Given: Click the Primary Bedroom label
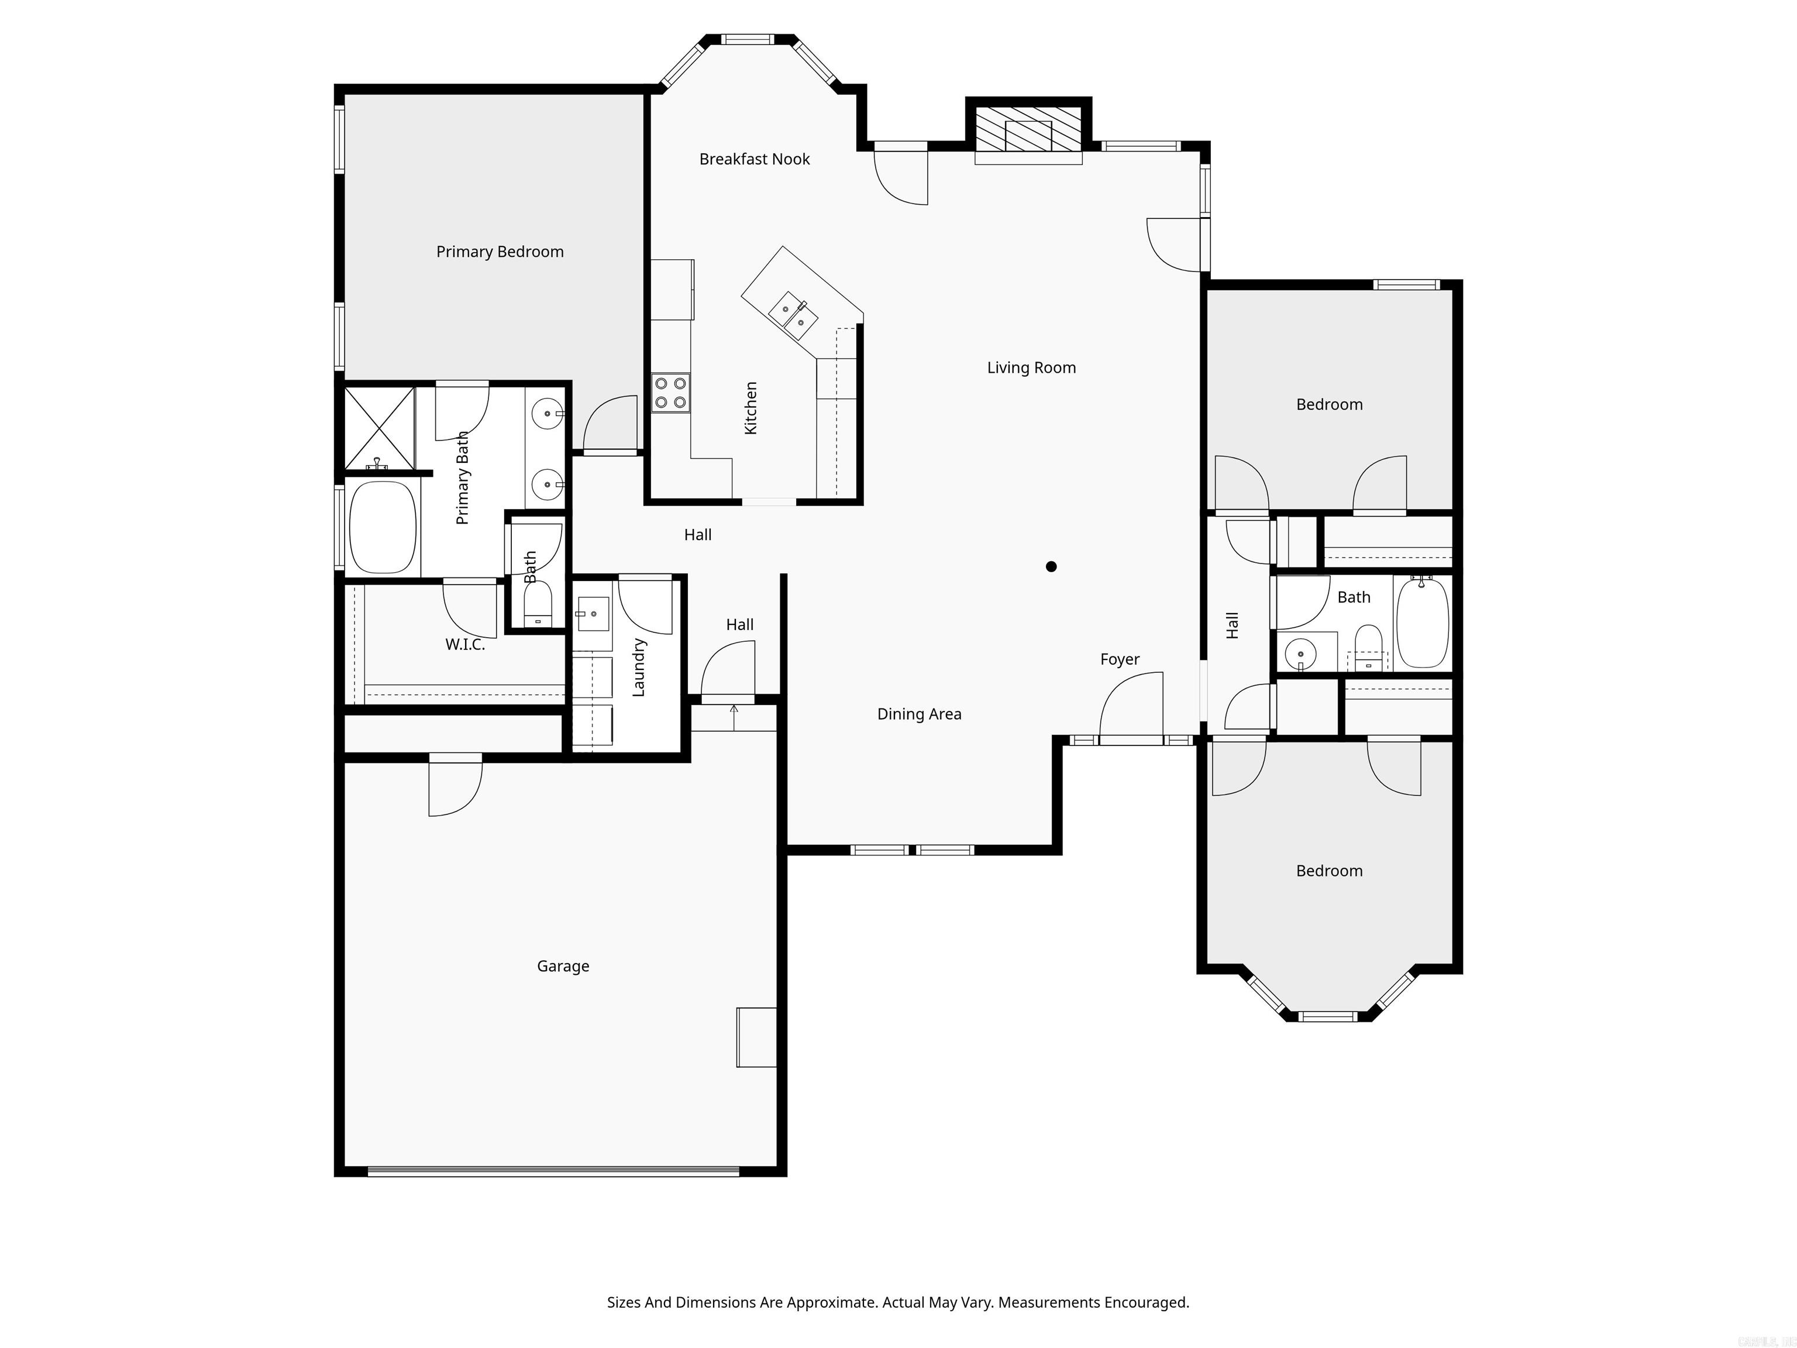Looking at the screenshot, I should tap(500, 252).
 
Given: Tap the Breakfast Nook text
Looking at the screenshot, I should tap(754, 159).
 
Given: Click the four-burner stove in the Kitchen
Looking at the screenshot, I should tap(670, 393).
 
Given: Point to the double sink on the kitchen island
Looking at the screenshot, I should tap(793, 315).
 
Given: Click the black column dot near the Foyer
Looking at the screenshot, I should tap(1051, 566).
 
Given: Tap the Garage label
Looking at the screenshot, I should tap(562, 966).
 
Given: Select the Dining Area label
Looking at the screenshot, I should tap(919, 714).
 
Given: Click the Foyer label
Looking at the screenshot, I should tap(1120, 660).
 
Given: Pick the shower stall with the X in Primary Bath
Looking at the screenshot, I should tap(380, 428).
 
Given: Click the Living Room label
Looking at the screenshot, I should tap(1031, 368).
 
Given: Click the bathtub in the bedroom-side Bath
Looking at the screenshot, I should tap(1421, 623).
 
